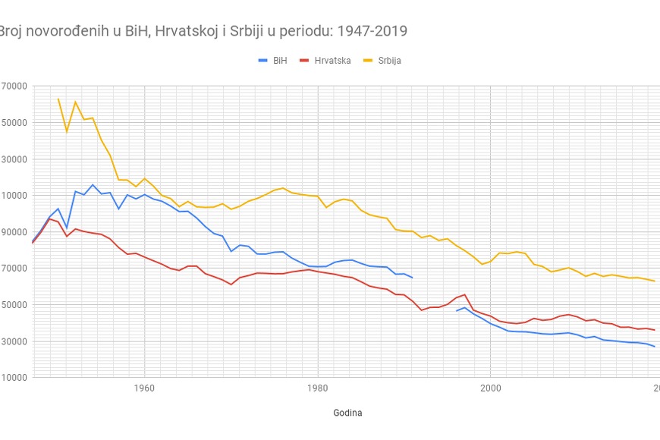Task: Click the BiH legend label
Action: coord(280,61)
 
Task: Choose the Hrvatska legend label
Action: coord(332,61)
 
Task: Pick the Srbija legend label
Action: coord(390,61)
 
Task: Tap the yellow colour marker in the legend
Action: coord(369,61)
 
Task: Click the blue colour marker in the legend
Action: coord(263,61)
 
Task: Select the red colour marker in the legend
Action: coord(305,61)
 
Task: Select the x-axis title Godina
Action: coord(347,413)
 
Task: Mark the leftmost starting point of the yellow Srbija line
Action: coord(58,99)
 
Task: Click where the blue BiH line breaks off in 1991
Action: coord(412,278)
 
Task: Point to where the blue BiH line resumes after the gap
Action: coord(456,310)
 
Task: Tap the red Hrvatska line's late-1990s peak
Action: coord(464,294)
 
